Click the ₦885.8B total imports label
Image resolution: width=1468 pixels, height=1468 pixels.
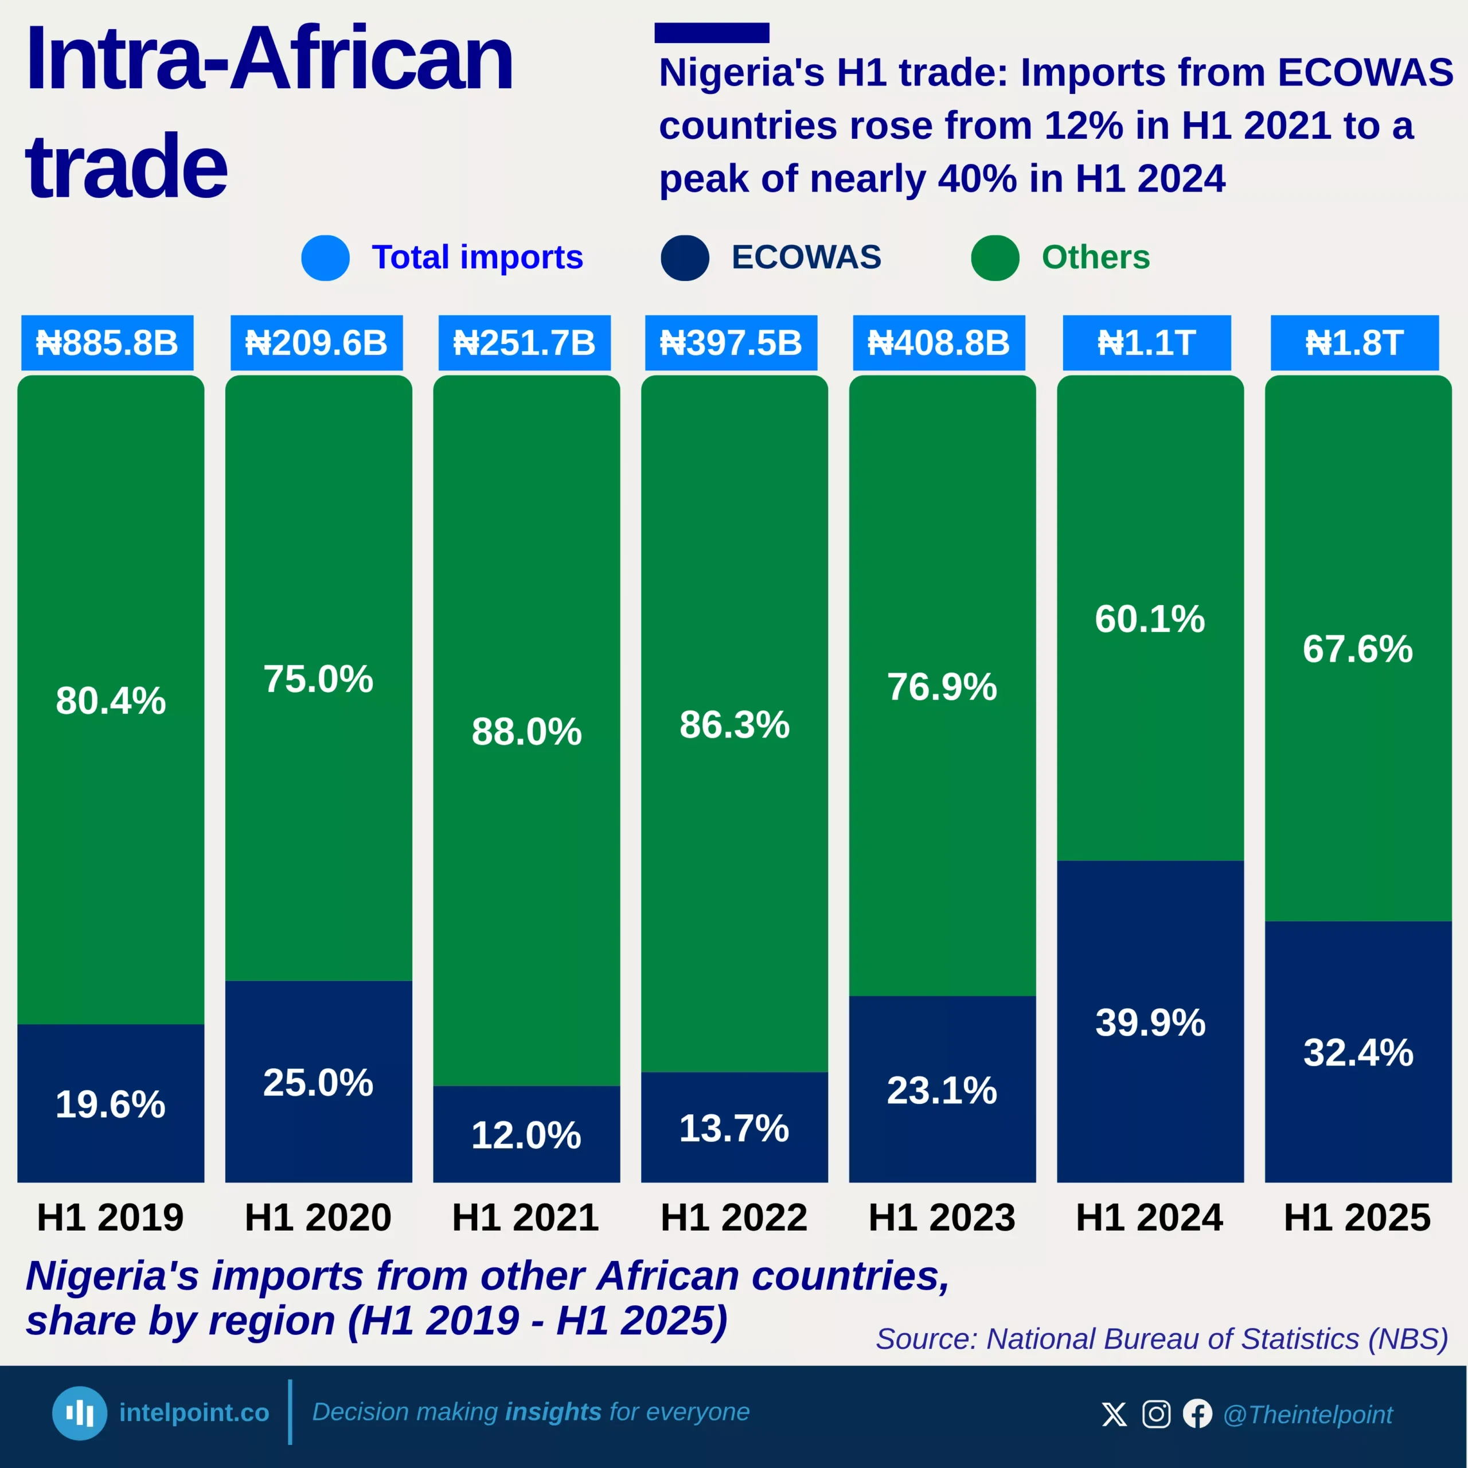[x=107, y=343]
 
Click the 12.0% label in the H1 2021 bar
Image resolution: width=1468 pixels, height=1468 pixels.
[x=526, y=1135]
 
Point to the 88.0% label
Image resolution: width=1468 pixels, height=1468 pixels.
[x=526, y=731]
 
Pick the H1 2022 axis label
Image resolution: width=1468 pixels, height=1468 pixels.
[x=733, y=1217]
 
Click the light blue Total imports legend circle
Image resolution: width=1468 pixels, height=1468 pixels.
[x=325, y=257]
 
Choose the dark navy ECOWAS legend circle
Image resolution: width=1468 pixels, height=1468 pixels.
[x=685, y=257]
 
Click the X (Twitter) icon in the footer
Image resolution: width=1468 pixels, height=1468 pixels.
[x=1114, y=1414]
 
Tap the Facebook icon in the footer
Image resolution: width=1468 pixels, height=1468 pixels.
[x=1197, y=1414]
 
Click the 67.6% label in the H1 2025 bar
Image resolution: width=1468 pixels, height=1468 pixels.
[x=1357, y=649]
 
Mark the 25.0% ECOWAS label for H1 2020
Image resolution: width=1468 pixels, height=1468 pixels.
[x=318, y=1082]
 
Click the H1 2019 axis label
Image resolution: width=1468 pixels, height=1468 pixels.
[x=110, y=1217]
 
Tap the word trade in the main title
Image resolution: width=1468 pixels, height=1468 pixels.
[x=126, y=166]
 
